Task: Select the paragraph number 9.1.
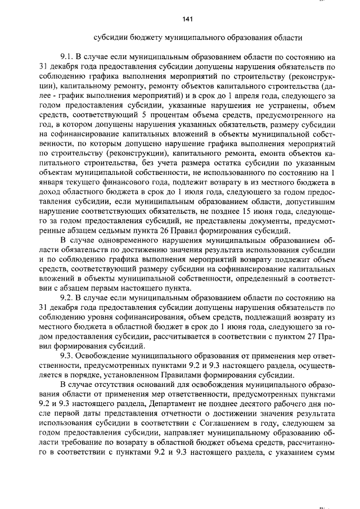(67, 57)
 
